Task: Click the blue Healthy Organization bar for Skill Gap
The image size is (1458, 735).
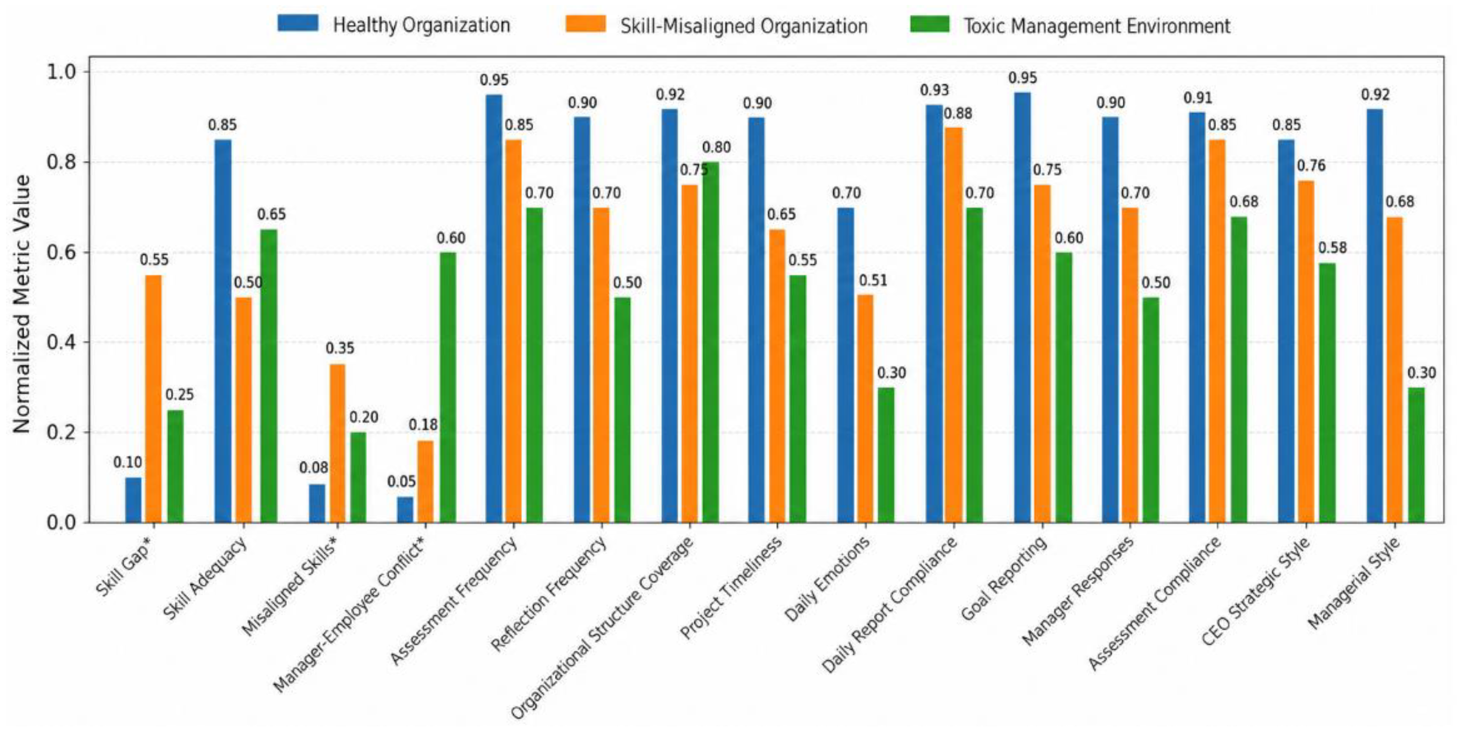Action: point(134,499)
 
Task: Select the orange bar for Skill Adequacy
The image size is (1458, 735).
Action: point(244,410)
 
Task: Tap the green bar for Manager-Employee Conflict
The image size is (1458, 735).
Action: point(448,387)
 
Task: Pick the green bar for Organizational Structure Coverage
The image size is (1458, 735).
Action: point(710,342)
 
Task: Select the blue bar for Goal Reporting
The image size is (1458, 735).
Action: point(1023,307)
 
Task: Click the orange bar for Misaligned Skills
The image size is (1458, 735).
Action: point(337,444)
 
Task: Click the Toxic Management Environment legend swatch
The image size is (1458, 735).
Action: point(929,24)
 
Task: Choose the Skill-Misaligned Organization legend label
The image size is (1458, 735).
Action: point(744,26)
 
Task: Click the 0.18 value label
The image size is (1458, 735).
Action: point(423,425)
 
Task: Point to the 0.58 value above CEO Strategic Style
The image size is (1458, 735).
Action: point(1332,248)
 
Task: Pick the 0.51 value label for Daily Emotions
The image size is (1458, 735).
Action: point(873,280)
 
